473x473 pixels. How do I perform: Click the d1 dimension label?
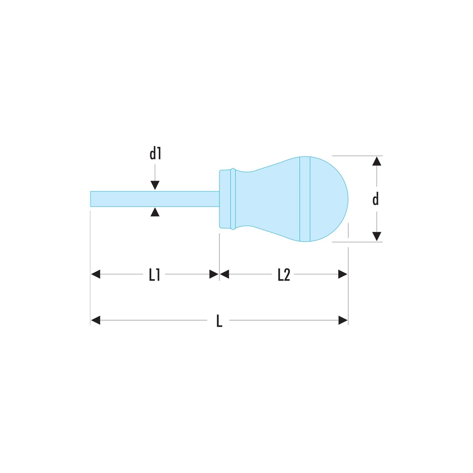pos(155,153)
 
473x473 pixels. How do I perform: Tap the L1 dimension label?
pos(155,275)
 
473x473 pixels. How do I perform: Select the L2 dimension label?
pos(283,275)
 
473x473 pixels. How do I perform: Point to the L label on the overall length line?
pos(219,321)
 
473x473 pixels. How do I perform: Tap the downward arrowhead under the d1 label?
pos(155,185)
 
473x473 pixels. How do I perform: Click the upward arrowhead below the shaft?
pos(155,212)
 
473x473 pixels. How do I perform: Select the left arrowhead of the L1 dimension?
pos(96,274)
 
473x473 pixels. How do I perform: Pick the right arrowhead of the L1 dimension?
pos(214,274)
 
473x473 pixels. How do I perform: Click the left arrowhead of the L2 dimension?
pos(224,274)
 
